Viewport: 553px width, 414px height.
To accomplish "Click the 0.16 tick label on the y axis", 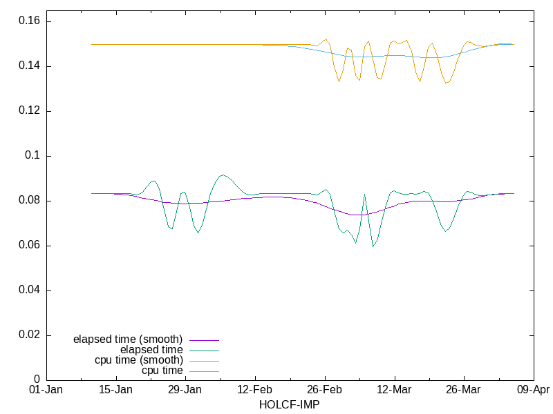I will (28, 22).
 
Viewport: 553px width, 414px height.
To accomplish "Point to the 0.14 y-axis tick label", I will (28, 66).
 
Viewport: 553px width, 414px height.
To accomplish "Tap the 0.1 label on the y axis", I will (32, 156).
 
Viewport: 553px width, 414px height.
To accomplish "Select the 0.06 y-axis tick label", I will (28, 246).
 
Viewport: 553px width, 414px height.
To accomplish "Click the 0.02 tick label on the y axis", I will (28, 335).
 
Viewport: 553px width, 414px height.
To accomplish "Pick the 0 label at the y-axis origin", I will (38, 380).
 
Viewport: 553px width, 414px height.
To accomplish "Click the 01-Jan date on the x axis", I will (46, 391).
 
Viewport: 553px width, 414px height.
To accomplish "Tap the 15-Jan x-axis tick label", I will (116, 391).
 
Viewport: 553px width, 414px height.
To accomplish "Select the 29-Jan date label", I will (185, 391).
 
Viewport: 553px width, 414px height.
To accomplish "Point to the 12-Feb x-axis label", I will (255, 391).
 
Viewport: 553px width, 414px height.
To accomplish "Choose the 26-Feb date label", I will (325, 391).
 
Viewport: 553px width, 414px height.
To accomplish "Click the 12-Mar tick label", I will (395, 391).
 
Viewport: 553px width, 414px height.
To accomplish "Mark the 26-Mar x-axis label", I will (464, 391).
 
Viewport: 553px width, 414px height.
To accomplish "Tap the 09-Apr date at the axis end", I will (534, 391).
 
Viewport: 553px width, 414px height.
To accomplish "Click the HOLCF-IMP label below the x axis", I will (290, 404).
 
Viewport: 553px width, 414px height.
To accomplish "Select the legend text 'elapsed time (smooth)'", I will (128, 339).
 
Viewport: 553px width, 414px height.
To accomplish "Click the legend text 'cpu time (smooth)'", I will (139, 360).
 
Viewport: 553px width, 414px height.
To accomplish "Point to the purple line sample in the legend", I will (204, 340).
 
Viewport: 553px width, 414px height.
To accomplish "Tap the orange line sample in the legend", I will (204, 371).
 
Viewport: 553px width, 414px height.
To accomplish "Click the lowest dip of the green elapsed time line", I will (373, 246).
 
